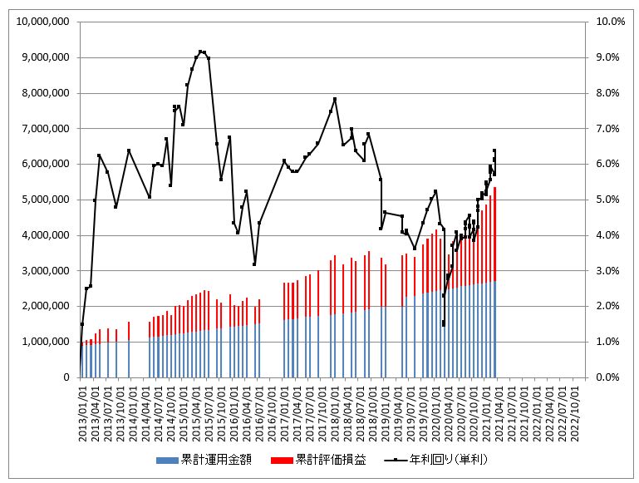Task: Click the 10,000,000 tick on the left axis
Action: click(x=41, y=22)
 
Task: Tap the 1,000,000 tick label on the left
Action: click(x=44, y=342)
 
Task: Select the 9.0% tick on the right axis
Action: click(x=603, y=57)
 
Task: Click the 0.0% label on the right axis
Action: click(x=603, y=377)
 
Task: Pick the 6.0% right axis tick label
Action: click(x=603, y=164)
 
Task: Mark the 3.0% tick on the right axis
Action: click(x=603, y=271)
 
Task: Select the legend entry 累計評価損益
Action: click(x=331, y=459)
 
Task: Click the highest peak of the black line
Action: click(x=202, y=52)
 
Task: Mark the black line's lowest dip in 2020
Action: click(x=444, y=324)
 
